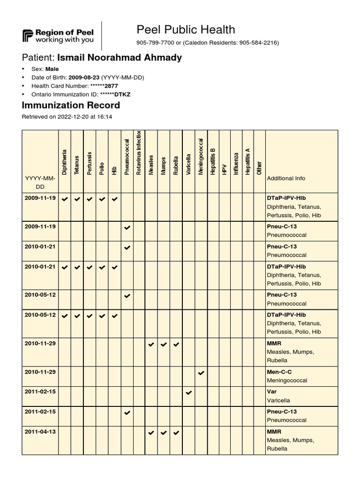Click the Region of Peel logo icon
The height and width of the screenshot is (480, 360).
tap(28, 36)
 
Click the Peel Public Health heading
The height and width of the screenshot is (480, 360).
tap(186, 30)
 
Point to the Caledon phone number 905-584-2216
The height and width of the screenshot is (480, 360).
tap(258, 43)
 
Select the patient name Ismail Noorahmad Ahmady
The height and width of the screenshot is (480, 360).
tap(119, 58)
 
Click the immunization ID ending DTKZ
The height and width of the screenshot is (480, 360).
tap(115, 94)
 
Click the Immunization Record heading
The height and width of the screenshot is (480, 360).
tap(71, 105)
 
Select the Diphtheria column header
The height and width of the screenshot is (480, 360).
tap(65, 162)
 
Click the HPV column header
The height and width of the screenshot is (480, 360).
tap(225, 169)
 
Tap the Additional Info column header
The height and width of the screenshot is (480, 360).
tap(285, 178)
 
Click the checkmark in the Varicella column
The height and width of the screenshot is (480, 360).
tap(188, 392)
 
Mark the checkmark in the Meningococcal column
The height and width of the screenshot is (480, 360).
tap(201, 373)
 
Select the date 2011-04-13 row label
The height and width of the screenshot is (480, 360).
tap(40, 431)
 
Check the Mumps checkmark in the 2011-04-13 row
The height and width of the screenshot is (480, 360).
tap(164, 432)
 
